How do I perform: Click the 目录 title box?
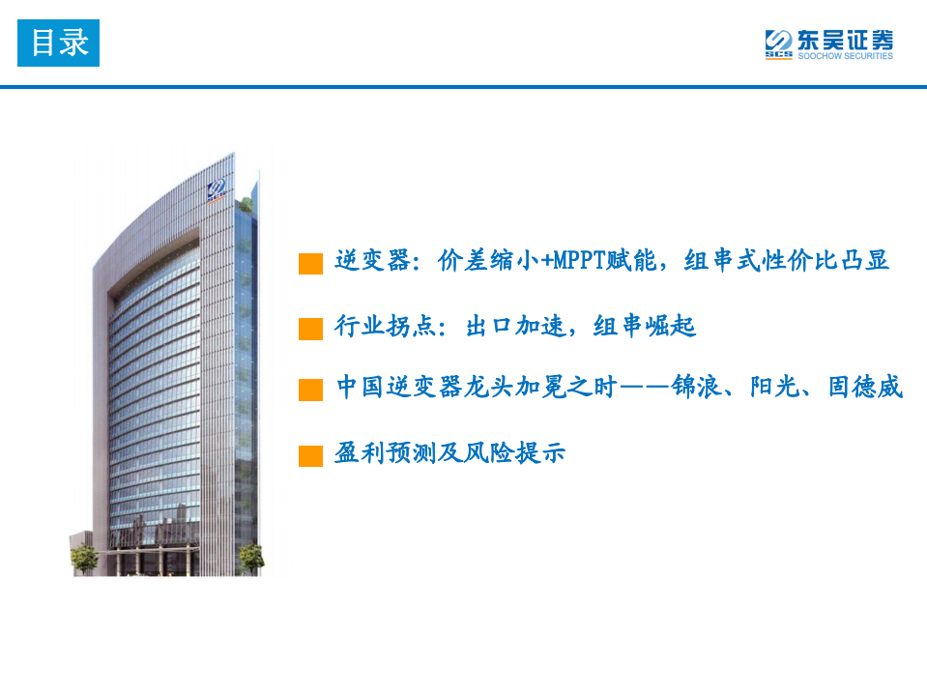point(58,43)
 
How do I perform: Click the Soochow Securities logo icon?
point(778,43)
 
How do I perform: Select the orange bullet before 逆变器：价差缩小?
point(310,264)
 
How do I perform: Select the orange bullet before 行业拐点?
point(310,329)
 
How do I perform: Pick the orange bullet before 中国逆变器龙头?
point(310,391)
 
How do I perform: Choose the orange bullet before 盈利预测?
point(310,455)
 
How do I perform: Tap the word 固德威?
point(865,388)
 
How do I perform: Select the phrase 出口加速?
point(516,327)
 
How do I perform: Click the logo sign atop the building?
point(218,188)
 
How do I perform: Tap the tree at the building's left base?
point(85,557)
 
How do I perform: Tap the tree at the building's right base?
point(250,556)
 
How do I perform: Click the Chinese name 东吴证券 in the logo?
point(844,40)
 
